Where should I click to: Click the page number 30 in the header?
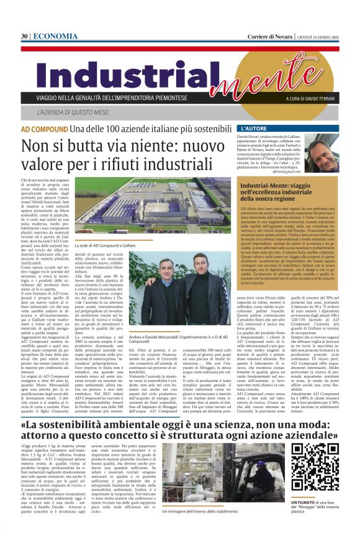point(24,37)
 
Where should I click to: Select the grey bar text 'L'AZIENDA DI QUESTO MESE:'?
point(77,112)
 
